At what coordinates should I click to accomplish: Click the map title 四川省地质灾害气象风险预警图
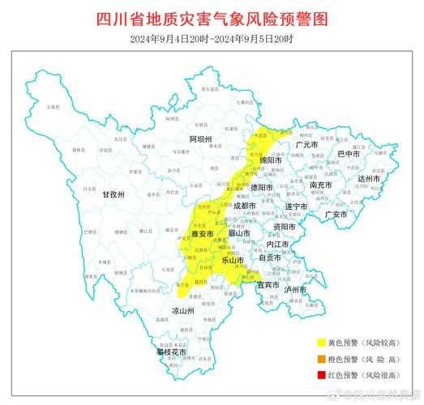coord(212,17)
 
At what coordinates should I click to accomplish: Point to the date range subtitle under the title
coord(212,39)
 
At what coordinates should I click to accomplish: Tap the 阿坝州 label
coord(200,139)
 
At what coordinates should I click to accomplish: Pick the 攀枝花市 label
coord(171,352)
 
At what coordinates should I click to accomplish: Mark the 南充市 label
coord(321,185)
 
